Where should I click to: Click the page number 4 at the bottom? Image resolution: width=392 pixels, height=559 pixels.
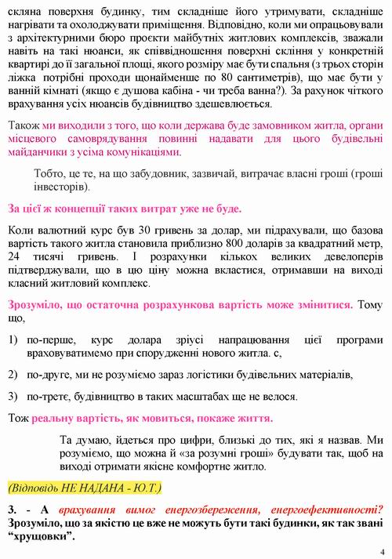click(x=382, y=551)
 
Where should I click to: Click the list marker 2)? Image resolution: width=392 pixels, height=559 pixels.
click(x=13, y=375)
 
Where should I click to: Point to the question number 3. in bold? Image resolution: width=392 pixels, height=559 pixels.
click(x=13, y=508)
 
